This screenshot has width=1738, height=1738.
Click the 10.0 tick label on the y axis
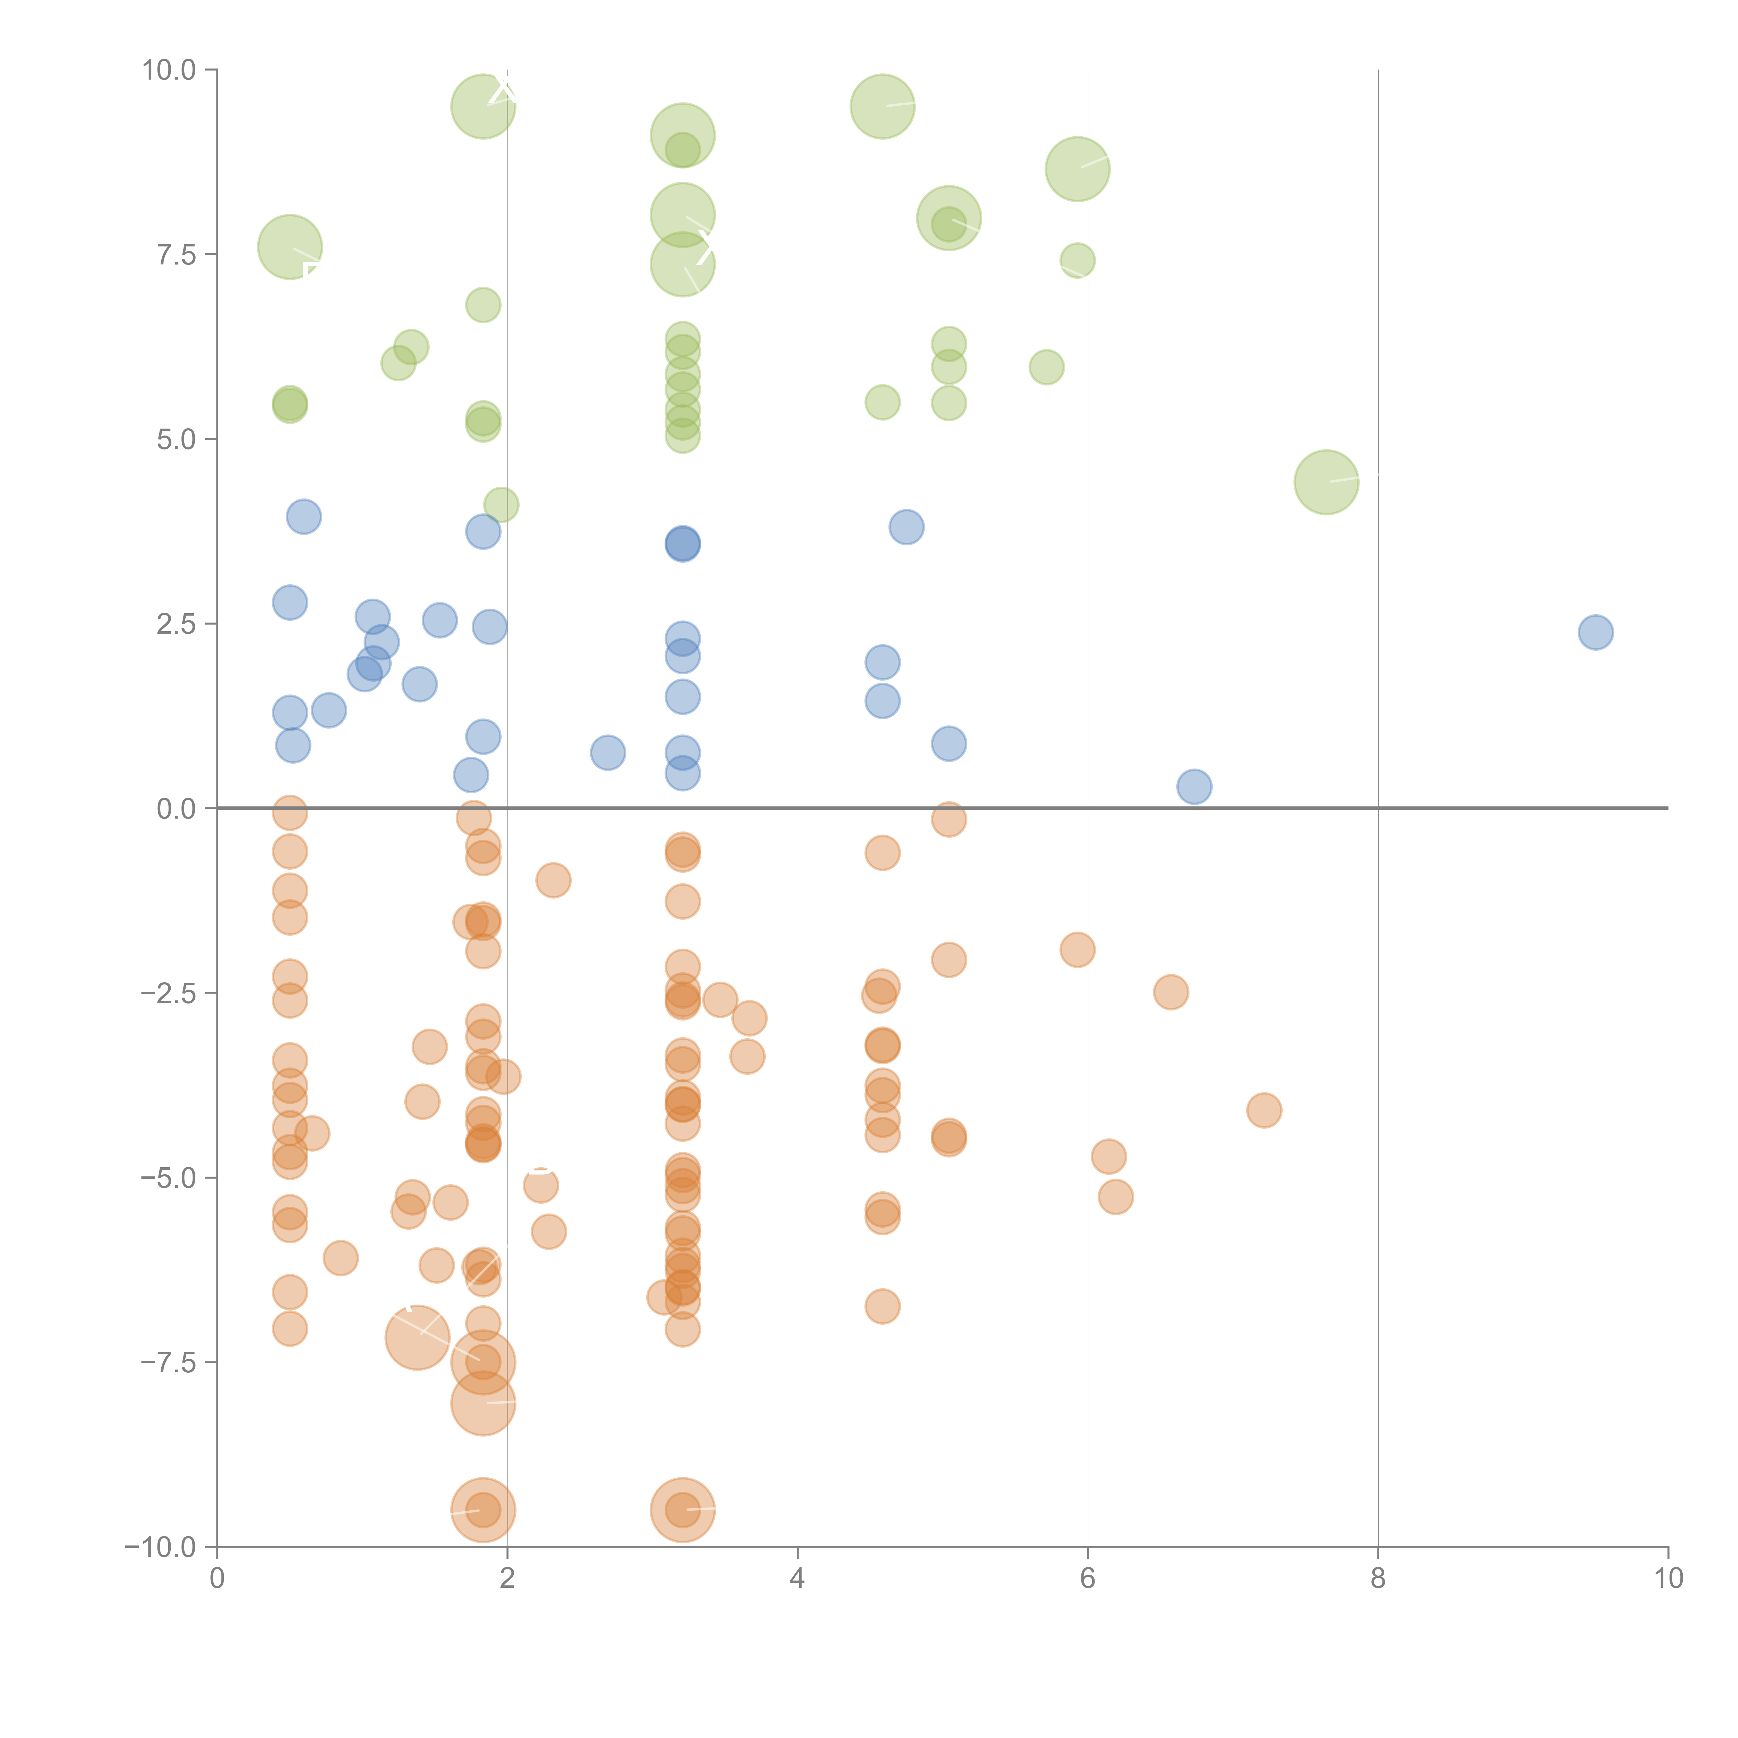169,70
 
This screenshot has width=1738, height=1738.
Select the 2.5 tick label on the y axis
176,624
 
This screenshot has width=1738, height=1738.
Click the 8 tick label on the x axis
1378,1579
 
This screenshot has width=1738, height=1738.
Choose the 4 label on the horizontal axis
797,1579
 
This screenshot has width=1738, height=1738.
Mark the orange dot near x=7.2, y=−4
1264,1110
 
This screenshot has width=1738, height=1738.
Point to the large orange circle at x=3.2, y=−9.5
683,1510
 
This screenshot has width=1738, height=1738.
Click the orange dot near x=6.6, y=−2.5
1170,992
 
